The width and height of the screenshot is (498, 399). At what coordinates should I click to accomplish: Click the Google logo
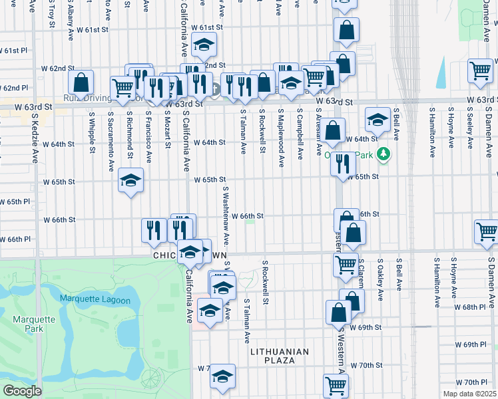tap(21, 390)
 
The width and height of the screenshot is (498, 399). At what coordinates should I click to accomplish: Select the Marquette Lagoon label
tap(89, 298)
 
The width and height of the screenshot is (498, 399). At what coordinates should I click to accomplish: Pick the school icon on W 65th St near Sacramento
tap(131, 180)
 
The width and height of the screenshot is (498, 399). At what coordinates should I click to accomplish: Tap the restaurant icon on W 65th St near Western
tap(343, 163)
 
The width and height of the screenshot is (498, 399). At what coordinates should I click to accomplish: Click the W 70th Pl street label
tap(476, 382)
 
